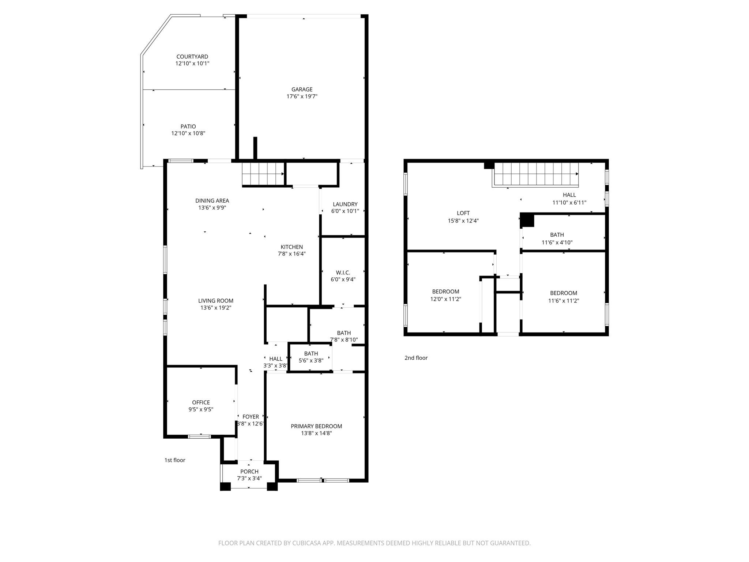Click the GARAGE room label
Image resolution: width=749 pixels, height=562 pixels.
click(302, 89)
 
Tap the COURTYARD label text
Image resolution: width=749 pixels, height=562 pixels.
click(192, 57)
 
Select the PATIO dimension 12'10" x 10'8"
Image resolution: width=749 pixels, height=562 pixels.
click(188, 134)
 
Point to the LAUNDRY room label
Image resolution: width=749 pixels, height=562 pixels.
click(345, 204)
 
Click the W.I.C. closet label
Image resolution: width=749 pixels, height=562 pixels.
click(343, 273)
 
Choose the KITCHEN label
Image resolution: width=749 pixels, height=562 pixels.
click(291, 247)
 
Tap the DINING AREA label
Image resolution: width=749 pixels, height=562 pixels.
click(212, 201)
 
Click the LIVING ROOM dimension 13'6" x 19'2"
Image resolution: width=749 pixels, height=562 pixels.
click(215, 308)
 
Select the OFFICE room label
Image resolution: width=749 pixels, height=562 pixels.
click(201, 402)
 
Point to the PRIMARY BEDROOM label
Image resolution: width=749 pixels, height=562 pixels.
click(316, 426)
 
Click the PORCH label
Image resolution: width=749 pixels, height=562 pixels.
click(249, 472)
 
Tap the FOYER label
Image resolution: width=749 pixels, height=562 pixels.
click(251, 417)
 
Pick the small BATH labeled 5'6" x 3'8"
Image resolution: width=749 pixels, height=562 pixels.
click(311, 357)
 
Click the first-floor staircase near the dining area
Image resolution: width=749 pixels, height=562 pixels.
click(263, 174)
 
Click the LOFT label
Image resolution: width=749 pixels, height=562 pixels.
click(463, 213)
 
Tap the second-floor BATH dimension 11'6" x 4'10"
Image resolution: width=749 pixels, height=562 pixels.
click(557, 242)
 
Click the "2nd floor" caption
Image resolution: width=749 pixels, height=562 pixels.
click(416, 358)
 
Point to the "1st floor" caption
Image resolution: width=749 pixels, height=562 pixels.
click(175, 460)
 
